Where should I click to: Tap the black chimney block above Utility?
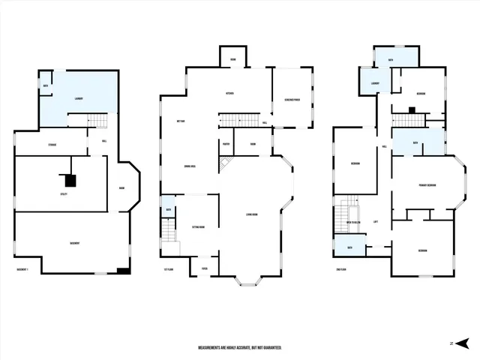(x=70, y=180)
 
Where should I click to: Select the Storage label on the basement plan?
(x=52, y=144)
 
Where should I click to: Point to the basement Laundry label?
(x=77, y=97)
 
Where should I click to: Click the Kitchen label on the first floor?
(x=231, y=94)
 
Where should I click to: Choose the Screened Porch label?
(x=292, y=98)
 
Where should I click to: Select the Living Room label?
(x=251, y=215)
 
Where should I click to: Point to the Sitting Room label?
(x=198, y=226)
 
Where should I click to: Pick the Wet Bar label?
(x=181, y=121)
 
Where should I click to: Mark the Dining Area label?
(x=190, y=167)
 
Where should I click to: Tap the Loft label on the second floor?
(x=375, y=221)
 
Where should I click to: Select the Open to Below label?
(x=355, y=222)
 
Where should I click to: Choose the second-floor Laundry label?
(x=373, y=83)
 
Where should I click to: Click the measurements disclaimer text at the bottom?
(x=240, y=348)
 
